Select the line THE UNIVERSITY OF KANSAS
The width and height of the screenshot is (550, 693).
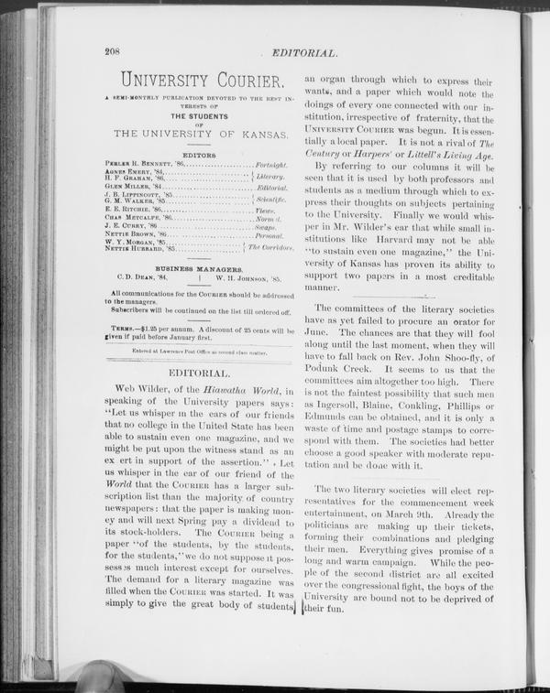pos(198,134)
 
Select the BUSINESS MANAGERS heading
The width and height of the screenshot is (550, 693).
pos(198,269)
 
